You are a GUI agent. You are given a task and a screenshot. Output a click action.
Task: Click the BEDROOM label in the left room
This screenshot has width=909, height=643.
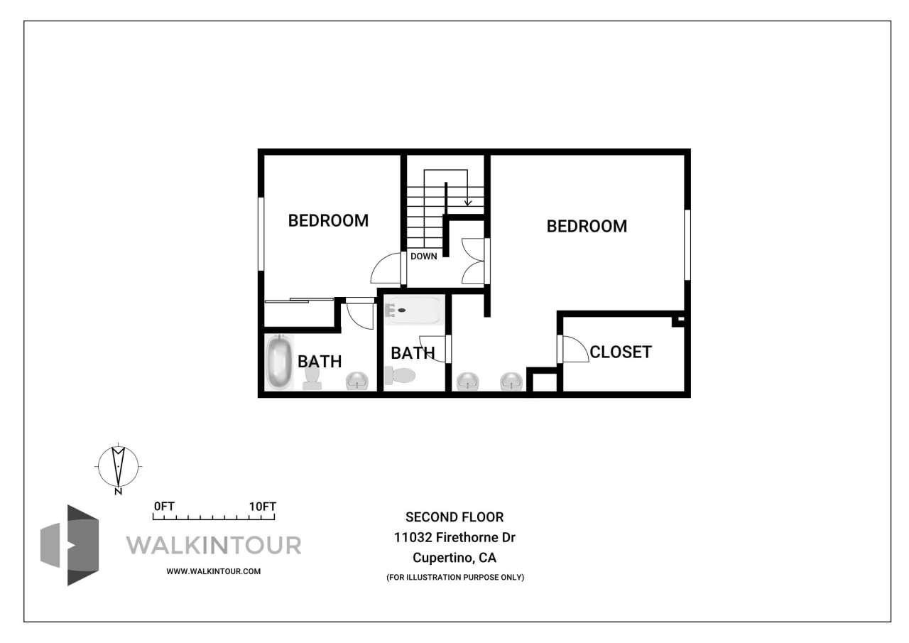coord(328,220)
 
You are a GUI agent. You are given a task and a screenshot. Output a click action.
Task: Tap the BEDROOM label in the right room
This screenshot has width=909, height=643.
coord(587,226)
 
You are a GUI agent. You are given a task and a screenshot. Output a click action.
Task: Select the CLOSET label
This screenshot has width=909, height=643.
coord(621,352)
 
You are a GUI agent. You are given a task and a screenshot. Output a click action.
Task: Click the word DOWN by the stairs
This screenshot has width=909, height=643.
coord(423,256)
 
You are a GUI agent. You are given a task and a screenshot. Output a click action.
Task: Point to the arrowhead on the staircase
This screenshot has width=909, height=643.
coord(468,202)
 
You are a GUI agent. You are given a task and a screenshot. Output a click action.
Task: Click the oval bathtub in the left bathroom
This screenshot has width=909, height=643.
coord(279,362)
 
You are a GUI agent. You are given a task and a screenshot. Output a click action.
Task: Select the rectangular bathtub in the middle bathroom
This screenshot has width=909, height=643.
coord(413,310)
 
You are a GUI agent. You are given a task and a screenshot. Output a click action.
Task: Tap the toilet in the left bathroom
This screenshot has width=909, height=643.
coord(312,379)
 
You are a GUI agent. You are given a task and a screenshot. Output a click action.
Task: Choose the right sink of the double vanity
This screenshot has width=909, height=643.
coord(511,382)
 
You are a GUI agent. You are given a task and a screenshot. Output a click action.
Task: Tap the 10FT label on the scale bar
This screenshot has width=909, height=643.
coord(262,507)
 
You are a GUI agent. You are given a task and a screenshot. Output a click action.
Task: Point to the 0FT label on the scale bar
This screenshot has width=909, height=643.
coord(164,507)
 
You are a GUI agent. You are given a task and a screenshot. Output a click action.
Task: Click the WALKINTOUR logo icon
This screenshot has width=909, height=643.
coord(70,545)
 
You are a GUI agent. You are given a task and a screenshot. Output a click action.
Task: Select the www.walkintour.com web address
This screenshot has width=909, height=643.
coord(214,571)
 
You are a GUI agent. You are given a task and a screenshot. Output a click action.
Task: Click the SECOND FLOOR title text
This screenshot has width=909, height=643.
coord(454,517)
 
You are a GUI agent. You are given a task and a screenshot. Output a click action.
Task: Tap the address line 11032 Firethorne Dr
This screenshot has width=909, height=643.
coord(454,538)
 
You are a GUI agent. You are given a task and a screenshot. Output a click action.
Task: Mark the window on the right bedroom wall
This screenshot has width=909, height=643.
coord(687,244)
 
